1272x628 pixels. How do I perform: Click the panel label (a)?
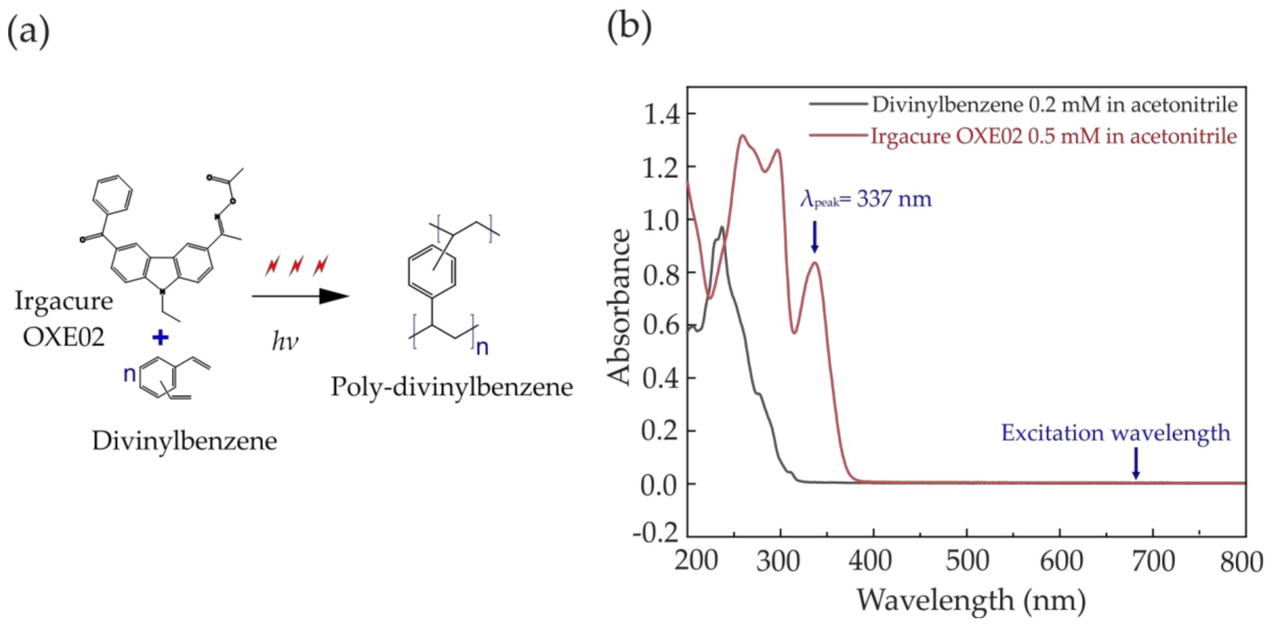pyautogui.click(x=28, y=31)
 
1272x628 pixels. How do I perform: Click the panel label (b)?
pyautogui.click(x=629, y=27)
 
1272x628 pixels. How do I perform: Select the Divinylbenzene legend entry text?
pyautogui.click(x=1054, y=105)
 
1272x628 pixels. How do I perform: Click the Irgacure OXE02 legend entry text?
pyautogui.click(x=1053, y=136)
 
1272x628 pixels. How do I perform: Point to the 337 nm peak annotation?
pyautogui.click(x=866, y=199)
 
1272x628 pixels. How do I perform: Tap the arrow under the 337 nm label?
pyautogui.click(x=814, y=238)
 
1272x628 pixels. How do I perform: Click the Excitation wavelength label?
pyautogui.click(x=1115, y=433)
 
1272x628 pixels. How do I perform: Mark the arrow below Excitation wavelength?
pyautogui.click(x=1136, y=464)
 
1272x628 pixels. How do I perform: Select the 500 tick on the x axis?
pyautogui.click(x=967, y=562)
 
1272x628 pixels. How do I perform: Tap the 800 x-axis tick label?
pyautogui.click(x=1241, y=562)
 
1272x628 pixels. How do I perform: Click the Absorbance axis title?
pyautogui.click(x=619, y=306)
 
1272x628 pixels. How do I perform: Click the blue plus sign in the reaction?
pyautogui.click(x=160, y=338)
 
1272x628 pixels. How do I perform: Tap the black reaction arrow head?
pyautogui.click(x=333, y=296)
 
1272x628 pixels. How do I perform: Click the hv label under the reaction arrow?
pyautogui.click(x=285, y=341)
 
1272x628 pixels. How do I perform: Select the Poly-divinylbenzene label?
pyautogui.click(x=451, y=387)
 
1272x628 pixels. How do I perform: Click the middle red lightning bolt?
pyautogui.click(x=296, y=265)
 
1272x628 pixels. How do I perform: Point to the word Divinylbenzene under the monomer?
pyautogui.click(x=184, y=441)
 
